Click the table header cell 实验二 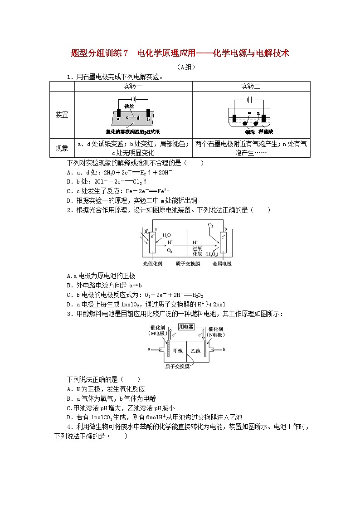(x=251, y=86)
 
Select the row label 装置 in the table (x=62, y=115)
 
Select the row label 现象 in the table (x=62, y=148)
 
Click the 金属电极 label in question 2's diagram (x=222, y=263)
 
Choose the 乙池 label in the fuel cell (x=195, y=351)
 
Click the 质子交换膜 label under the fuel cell (x=177, y=366)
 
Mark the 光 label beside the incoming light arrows (x=146, y=231)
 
